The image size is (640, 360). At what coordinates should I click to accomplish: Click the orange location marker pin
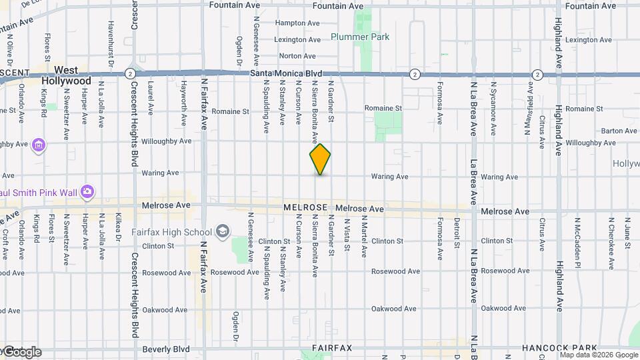(x=320, y=159)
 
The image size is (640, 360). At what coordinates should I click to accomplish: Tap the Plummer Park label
(x=360, y=37)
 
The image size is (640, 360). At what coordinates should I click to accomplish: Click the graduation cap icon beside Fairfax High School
(x=222, y=232)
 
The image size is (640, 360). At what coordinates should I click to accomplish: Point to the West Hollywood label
(x=66, y=75)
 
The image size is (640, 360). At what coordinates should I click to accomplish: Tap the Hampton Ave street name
(x=295, y=23)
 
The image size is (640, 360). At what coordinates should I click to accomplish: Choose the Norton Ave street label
(x=297, y=56)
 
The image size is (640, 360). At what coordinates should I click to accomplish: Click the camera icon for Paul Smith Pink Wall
(x=87, y=193)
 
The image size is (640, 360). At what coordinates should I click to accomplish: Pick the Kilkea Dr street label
(x=118, y=227)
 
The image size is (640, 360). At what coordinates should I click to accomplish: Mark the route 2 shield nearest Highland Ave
(x=537, y=73)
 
